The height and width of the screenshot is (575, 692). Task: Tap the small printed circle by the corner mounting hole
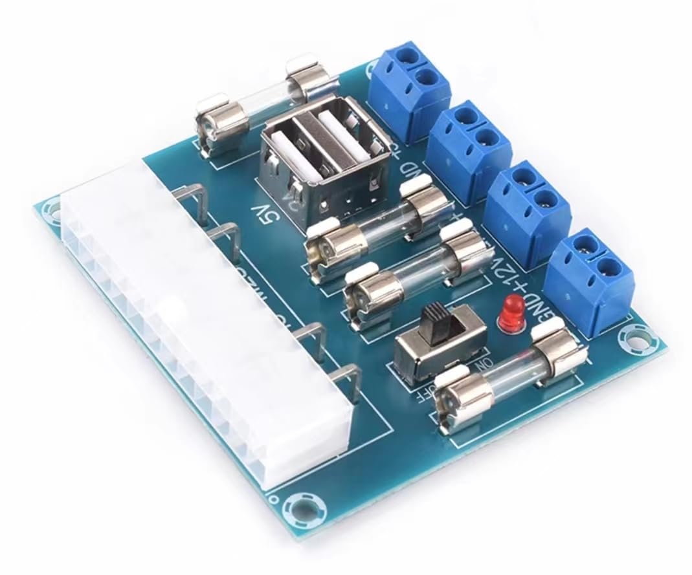[276, 499]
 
